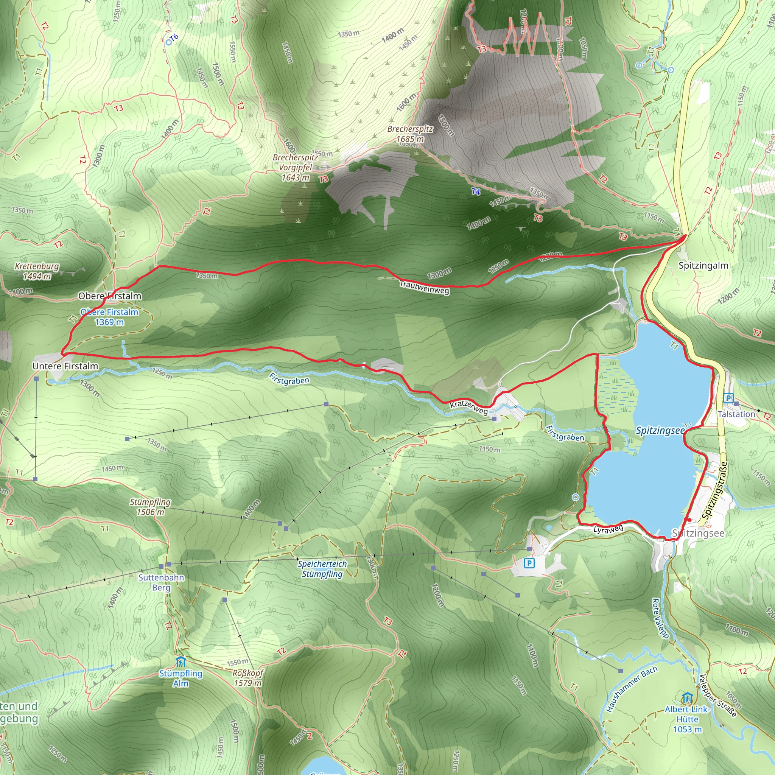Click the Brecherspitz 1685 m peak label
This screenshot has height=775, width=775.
(409, 134)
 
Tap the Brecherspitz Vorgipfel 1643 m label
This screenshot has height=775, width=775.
(295, 167)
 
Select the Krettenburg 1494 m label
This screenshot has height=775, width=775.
(37, 271)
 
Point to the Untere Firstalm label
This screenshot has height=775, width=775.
(65, 366)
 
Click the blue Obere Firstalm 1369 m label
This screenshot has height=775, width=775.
(109, 317)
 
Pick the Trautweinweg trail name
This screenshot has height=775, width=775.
(425, 287)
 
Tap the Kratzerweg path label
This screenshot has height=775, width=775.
(469, 407)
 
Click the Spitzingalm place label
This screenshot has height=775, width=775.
(703, 265)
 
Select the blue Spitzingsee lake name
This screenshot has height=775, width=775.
(660, 431)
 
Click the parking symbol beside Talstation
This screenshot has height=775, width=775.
(728, 398)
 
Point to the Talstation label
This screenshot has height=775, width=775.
(736, 414)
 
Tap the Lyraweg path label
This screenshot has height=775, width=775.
(608, 529)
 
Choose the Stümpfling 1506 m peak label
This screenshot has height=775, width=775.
(150, 507)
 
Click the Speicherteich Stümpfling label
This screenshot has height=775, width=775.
(322, 569)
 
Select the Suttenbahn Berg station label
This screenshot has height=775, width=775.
(161, 582)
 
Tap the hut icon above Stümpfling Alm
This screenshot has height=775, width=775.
(181, 661)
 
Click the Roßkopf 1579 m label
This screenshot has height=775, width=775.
(247, 678)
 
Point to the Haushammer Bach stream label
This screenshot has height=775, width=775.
(632, 689)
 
